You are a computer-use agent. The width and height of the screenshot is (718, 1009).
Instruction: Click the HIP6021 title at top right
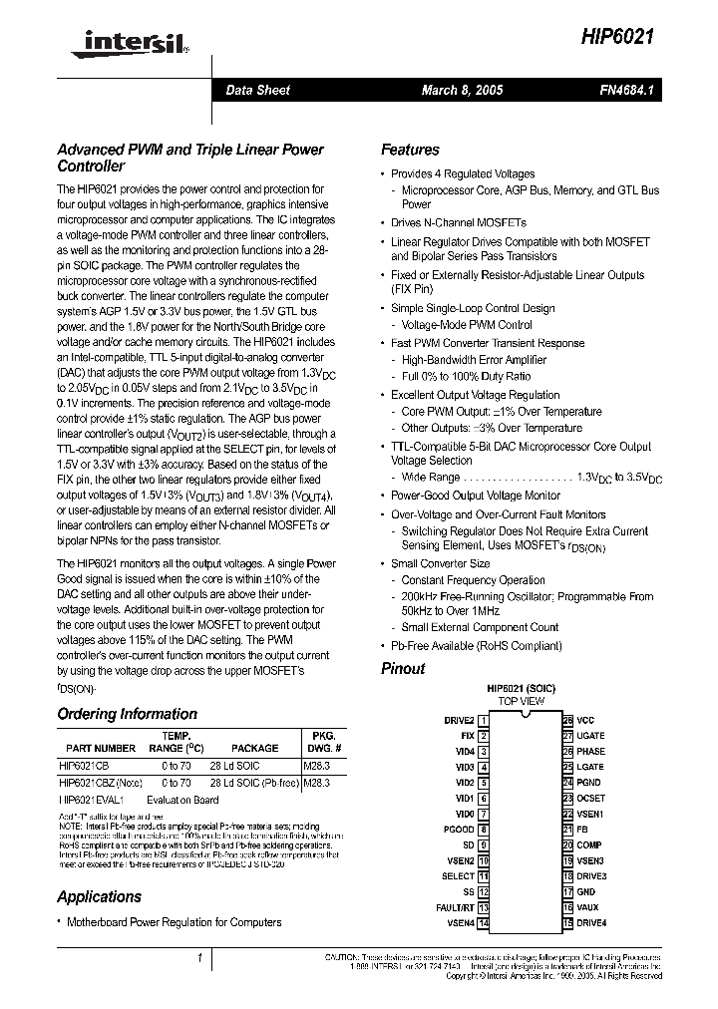617,36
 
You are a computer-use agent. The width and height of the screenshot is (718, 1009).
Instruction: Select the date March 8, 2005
462,91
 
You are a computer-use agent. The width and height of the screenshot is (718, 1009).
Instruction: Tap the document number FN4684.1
626,91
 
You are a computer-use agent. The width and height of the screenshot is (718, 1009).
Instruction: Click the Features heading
410,151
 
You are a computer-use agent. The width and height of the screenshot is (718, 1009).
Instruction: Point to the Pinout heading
403,669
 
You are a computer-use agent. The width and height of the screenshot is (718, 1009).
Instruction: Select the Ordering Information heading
127,714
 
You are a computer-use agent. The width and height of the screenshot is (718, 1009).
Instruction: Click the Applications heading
99,896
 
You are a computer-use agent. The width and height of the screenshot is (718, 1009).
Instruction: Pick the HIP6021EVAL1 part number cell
93,800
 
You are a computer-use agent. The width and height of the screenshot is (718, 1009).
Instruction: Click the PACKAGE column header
254,747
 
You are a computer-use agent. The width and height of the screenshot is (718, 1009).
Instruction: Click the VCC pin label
585,720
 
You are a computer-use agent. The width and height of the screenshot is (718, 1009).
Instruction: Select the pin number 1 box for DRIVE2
484,720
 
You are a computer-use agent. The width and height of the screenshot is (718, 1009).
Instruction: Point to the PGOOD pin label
459,830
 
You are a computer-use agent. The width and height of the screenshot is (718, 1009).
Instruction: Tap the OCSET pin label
590,799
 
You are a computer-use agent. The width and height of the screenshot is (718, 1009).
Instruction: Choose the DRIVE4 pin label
591,923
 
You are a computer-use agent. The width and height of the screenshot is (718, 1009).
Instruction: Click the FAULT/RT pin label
455,908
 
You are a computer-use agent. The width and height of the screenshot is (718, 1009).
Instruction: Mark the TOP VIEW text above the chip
522,702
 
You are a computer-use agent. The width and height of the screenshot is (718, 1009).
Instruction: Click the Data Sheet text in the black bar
257,91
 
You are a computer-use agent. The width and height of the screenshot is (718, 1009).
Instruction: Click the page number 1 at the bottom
200,959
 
